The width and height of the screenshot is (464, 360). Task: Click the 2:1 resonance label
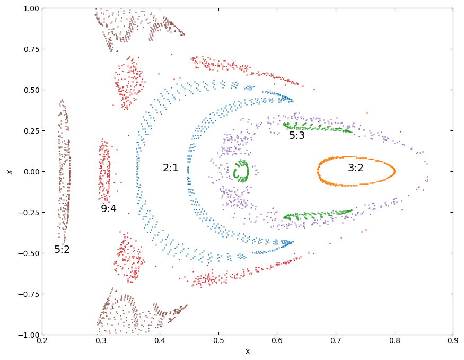pos(170,168)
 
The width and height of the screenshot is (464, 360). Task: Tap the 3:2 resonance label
pos(356,168)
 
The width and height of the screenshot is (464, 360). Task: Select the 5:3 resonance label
pos(297,136)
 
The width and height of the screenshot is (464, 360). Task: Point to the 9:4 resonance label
pos(109,209)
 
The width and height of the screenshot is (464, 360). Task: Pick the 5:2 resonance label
pos(62,250)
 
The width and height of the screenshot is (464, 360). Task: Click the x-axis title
pos(247,352)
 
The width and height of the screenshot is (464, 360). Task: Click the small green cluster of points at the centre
pos(241,171)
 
